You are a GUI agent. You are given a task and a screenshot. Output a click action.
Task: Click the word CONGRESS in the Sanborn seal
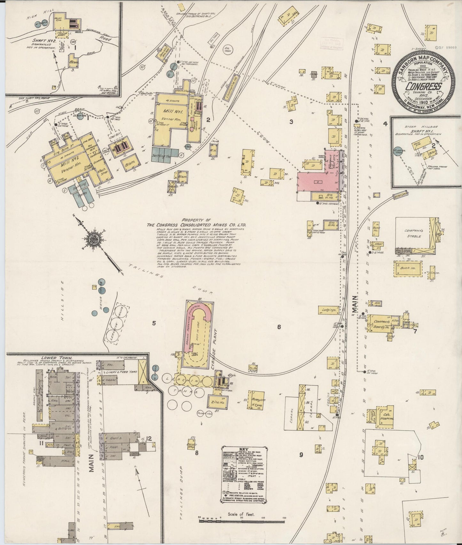pos(424,86)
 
